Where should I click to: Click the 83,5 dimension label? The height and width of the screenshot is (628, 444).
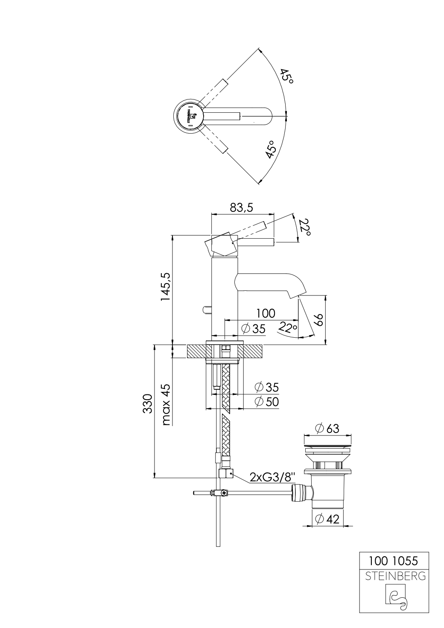(x=241, y=208)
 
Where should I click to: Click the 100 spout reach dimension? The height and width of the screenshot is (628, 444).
(x=266, y=313)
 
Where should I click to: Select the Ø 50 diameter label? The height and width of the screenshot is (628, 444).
(x=266, y=401)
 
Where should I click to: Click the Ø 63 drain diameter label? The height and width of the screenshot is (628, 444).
(x=327, y=428)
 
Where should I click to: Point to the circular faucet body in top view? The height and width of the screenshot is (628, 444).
(x=189, y=115)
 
